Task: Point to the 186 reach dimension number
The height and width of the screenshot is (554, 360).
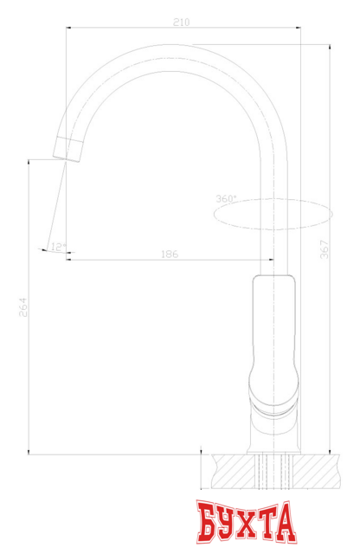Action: tap(170, 254)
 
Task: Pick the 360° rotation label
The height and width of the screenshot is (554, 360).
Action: tap(225, 198)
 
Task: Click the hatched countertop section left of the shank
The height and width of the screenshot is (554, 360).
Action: tap(231, 471)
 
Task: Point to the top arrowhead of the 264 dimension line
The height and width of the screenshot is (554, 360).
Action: tap(30, 161)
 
